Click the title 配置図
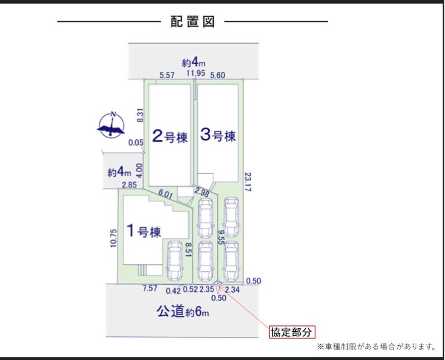coord(192,22)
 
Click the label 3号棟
coord(218,136)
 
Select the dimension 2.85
coord(129,185)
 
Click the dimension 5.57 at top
coord(167,75)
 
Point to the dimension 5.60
coord(218,75)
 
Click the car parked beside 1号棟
coord(174,261)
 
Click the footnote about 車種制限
coord(376,347)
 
